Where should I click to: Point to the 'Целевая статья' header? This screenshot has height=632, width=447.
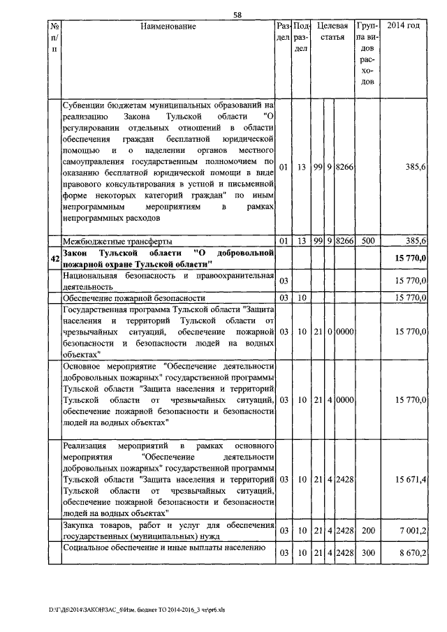(332, 31)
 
